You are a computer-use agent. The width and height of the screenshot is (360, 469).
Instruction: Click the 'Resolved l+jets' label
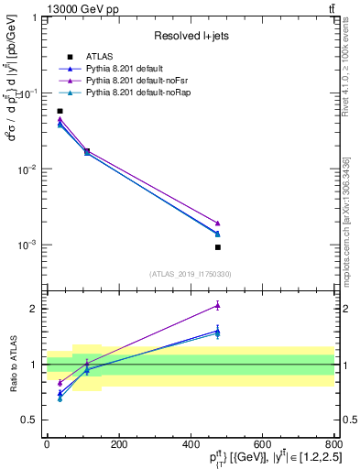191,36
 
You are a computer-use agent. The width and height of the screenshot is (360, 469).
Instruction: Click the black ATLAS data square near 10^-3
218,247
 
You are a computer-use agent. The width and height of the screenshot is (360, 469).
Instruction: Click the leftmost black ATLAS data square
60,111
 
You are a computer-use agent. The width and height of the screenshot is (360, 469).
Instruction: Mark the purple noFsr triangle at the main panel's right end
218,223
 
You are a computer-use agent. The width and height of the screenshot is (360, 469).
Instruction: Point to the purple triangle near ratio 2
218,306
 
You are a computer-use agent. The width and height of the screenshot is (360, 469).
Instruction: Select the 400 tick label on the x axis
191,444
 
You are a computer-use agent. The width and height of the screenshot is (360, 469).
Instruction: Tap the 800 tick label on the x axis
333,444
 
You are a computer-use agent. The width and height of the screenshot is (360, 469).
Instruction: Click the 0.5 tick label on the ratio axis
31,420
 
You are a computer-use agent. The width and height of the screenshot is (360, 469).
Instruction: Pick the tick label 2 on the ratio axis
35,309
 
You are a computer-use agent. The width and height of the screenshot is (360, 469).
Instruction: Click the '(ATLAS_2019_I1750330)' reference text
191,274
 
